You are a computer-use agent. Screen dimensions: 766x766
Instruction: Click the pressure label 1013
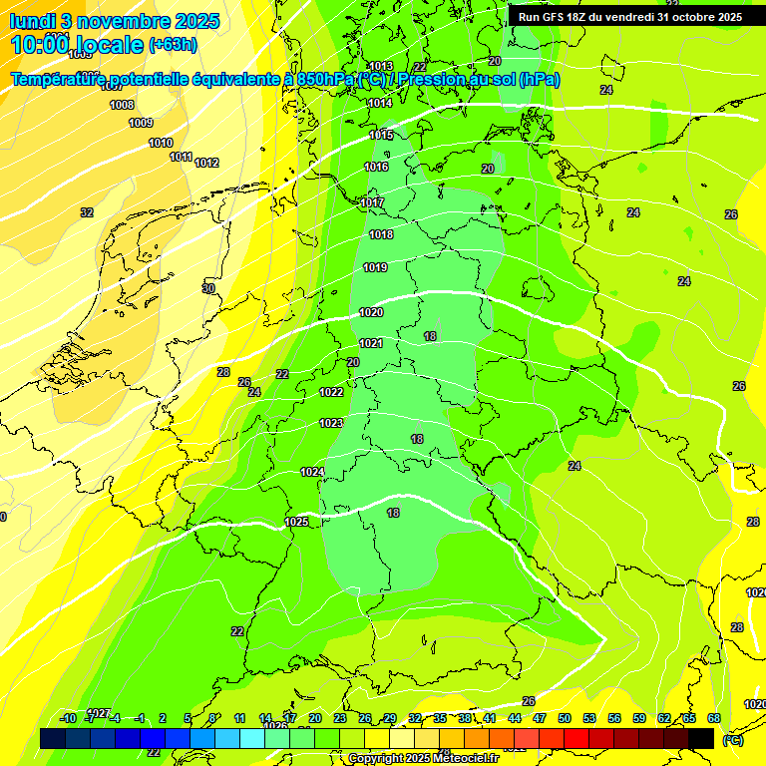(380, 66)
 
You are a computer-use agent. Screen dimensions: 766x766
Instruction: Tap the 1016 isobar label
(376, 167)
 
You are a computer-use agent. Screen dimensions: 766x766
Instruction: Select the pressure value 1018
(381, 234)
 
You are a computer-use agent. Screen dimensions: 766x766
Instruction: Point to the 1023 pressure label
(331, 423)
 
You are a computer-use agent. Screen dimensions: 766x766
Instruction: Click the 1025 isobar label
(296, 522)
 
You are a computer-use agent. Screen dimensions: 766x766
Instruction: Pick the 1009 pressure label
(141, 123)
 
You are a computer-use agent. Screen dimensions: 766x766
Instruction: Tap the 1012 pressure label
(206, 163)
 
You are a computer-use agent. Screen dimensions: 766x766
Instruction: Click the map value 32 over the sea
(87, 212)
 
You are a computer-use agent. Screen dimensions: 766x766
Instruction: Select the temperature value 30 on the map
(208, 288)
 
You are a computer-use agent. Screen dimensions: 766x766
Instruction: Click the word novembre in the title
(125, 21)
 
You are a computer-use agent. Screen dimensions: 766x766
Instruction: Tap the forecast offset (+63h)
(173, 45)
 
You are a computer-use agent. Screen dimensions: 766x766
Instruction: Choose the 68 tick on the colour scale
(714, 718)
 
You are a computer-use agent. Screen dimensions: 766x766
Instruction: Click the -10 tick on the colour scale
(68, 718)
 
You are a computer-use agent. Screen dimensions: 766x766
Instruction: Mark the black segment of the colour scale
(701, 738)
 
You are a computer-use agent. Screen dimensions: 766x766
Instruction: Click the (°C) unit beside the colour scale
(733, 740)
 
